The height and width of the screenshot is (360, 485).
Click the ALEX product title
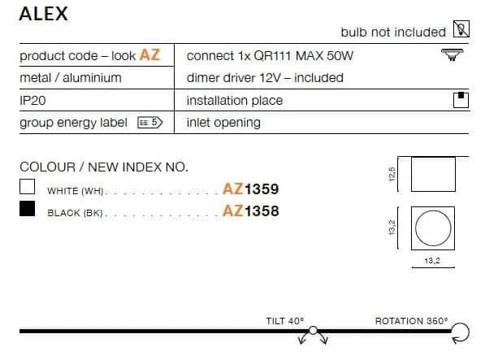coord(44,14)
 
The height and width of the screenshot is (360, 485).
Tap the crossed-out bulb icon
coord(461,28)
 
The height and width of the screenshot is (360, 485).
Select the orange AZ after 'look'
coord(149,55)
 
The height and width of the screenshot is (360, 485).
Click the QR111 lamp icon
coord(452,54)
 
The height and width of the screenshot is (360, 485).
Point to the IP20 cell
coord(32,101)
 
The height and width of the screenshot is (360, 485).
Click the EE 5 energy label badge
coord(150,123)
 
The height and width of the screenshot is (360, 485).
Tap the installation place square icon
coord(461,100)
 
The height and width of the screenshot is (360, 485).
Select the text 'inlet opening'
coord(223,123)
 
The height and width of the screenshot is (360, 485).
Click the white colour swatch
coord(28,186)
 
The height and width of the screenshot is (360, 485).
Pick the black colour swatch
coord(28,209)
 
